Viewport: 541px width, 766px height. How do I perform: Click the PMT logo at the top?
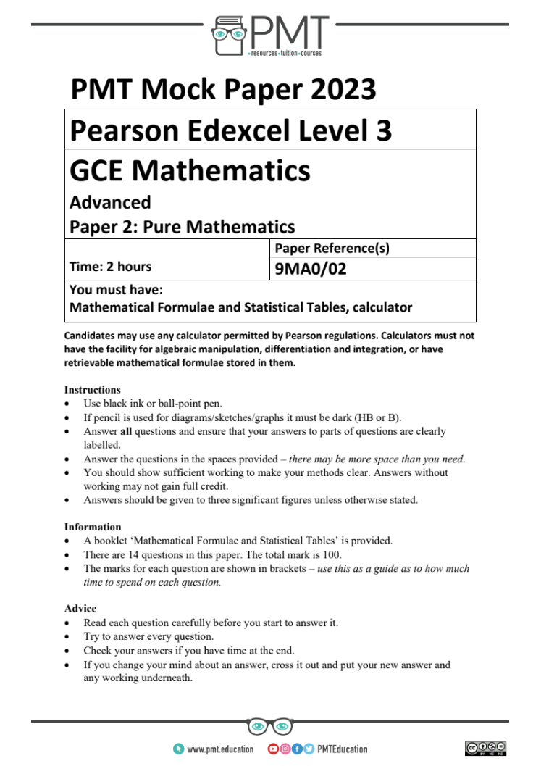pyautogui.click(x=269, y=34)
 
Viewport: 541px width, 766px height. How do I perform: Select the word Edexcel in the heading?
pyautogui.click(x=242, y=130)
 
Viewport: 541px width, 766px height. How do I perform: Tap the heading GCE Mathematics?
pyautogui.click(x=190, y=171)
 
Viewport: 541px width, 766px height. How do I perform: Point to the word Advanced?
pyautogui.click(x=110, y=202)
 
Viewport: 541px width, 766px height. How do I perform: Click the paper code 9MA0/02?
pyautogui.click(x=306, y=269)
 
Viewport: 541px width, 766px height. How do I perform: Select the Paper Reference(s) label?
pyautogui.click(x=332, y=249)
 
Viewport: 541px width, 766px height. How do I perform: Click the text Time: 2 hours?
pyautogui.click(x=110, y=266)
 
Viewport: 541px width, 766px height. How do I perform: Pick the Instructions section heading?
pyautogui.click(x=92, y=389)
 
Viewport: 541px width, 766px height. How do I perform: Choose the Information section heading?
pyautogui.click(x=93, y=527)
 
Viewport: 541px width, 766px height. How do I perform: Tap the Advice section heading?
pyautogui.click(x=80, y=609)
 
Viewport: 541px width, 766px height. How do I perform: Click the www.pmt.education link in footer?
pyautogui.click(x=219, y=749)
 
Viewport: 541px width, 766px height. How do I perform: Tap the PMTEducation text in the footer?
pyautogui.click(x=342, y=749)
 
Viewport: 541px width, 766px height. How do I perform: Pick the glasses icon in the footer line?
pyautogui.click(x=269, y=725)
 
